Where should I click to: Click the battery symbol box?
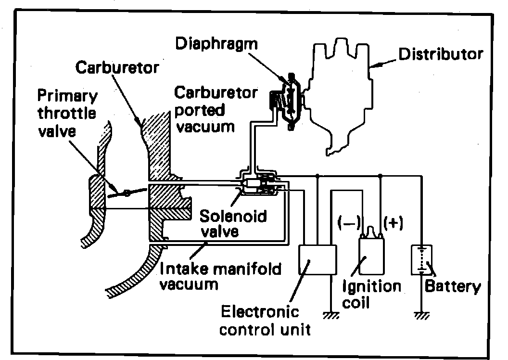point(421,259)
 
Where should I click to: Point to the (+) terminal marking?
point(394,223)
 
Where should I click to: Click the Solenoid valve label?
point(234,222)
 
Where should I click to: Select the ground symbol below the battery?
point(421,315)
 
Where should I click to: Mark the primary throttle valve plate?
point(127,193)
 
